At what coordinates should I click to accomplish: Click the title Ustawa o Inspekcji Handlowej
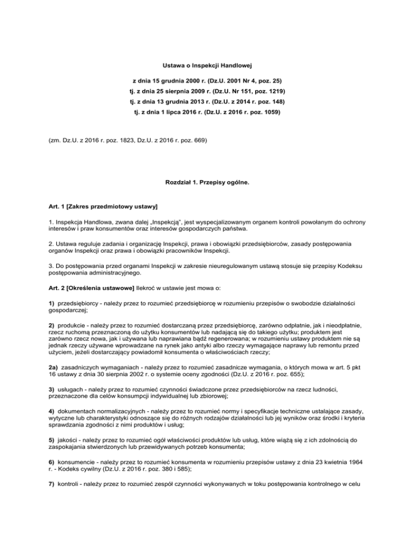207,65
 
